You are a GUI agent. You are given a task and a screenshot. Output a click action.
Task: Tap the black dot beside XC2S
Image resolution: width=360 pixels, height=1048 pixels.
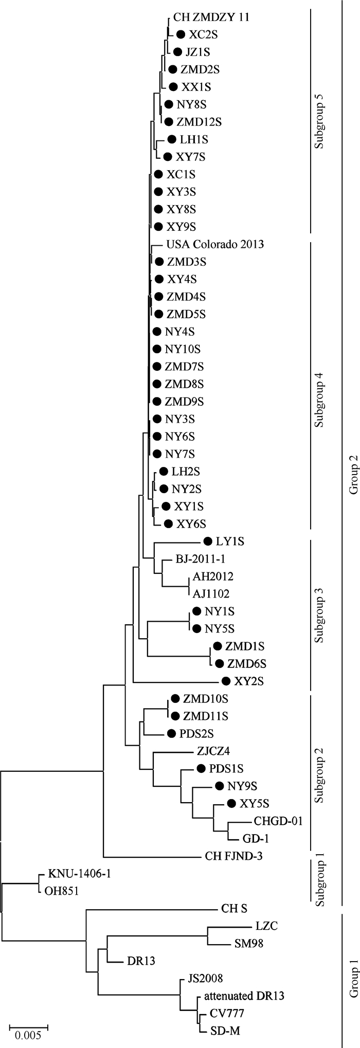point(181,34)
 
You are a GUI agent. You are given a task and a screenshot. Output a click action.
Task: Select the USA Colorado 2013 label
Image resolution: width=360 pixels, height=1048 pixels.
point(215,244)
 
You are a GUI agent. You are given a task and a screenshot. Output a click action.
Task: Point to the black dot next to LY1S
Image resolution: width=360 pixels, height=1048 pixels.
point(208,541)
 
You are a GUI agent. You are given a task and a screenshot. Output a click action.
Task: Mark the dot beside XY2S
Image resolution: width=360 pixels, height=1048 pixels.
point(226,681)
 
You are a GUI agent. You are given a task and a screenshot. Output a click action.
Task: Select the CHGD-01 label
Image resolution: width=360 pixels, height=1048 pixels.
point(278,821)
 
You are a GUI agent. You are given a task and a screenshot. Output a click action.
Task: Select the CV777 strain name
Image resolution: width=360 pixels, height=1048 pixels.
point(226,1013)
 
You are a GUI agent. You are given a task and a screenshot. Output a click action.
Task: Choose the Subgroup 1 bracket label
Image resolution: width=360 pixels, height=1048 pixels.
point(320,882)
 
